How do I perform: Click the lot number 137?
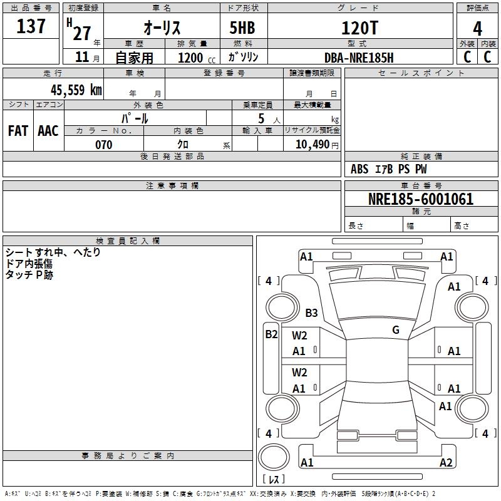pyautogui.click(x=32, y=26)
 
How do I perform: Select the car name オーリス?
pyautogui.click(x=162, y=28)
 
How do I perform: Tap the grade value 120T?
pyautogui.click(x=359, y=28)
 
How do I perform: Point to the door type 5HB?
pyautogui.click(x=242, y=28)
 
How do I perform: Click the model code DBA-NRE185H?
pyautogui.click(x=359, y=58)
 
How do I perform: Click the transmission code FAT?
pyautogui.click(x=18, y=131)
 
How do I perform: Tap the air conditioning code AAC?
pyautogui.click(x=48, y=131)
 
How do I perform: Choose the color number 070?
pyautogui.click(x=104, y=145)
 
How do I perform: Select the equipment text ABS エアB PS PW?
pyautogui.click(x=389, y=169)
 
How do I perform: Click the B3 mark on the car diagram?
pyautogui.click(x=311, y=312)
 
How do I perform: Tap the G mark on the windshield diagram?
pyautogui.click(x=395, y=329)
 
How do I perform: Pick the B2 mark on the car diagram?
pyautogui.click(x=271, y=334)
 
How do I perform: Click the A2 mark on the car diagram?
pyautogui.click(x=446, y=463)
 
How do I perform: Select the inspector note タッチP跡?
pyautogui.click(x=29, y=274)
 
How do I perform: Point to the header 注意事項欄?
pyautogui.click(x=172, y=186)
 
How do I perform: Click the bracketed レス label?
pyautogui.click(x=273, y=480)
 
